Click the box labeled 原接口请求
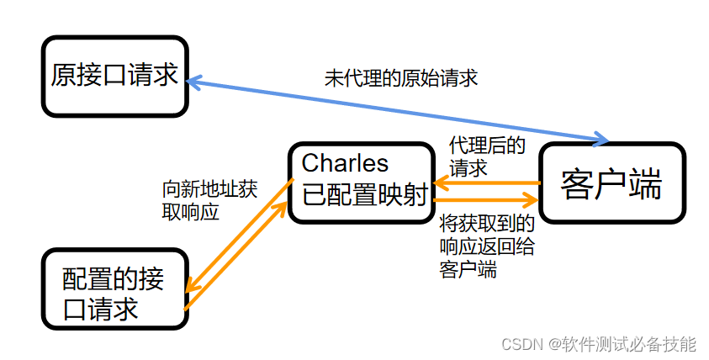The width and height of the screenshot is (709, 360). pyautogui.click(x=114, y=76)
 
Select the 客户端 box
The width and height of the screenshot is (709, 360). pyautogui.click(x=611, y=183)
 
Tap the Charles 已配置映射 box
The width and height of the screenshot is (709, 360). pyautogui.click(x=360, y=183)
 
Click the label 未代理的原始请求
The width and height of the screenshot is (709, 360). pyautogui.click(x=401, y=78)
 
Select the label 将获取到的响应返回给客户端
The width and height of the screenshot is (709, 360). pyautogui.click(x=487, y=246)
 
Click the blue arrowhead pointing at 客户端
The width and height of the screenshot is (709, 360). pyautogui.click(x=601, y=137)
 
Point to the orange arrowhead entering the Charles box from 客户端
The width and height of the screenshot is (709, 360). pyautogui.click(x=439, y=184)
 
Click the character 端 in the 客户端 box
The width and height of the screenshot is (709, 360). pyautogui.click(x=647, y=185)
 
